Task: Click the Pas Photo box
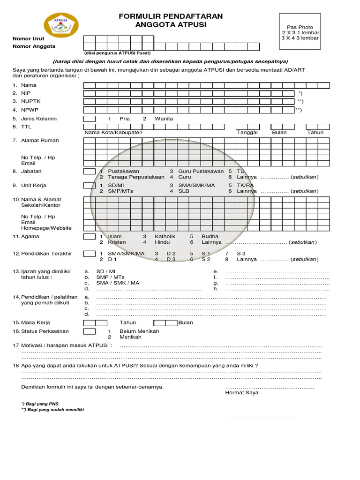click(x=300, y=33)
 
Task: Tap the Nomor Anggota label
click(x=34, y=46)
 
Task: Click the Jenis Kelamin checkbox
click(x=89, y=119)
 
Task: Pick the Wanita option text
click(x=164, y=119)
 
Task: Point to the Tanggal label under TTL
click(x=247, y=133)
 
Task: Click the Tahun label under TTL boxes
click(x=315, y=133)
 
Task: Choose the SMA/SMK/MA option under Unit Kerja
click(x=196, y=186)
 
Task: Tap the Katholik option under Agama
click(x=165, y=237)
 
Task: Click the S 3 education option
click(x=241, y=254)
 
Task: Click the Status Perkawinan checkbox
click(x=89, y=331)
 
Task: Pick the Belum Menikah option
click(x=139, y=331)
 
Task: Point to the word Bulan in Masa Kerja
click(x=186, y=323)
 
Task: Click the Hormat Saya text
click(x=241, y=393)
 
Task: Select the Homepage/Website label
click(x=46, y=228)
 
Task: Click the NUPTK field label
click(x=30, y=101)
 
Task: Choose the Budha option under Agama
click(x=210, y=237)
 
